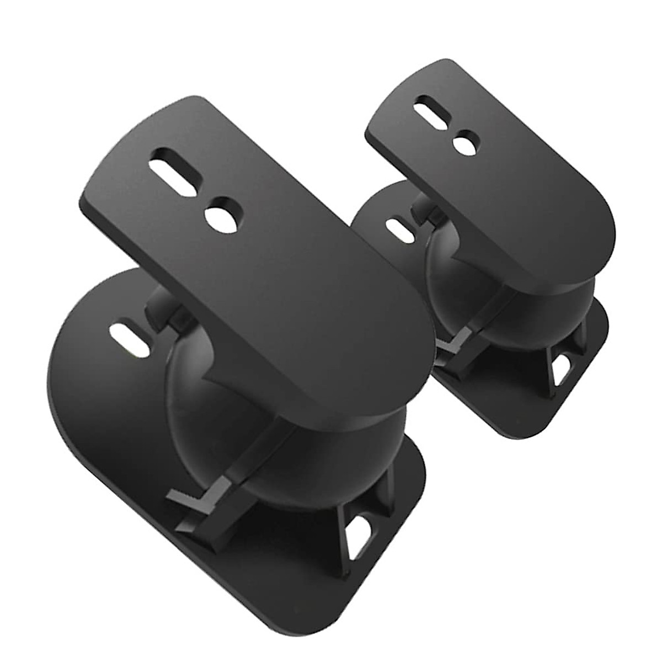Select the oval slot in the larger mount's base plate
point(127,335)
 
